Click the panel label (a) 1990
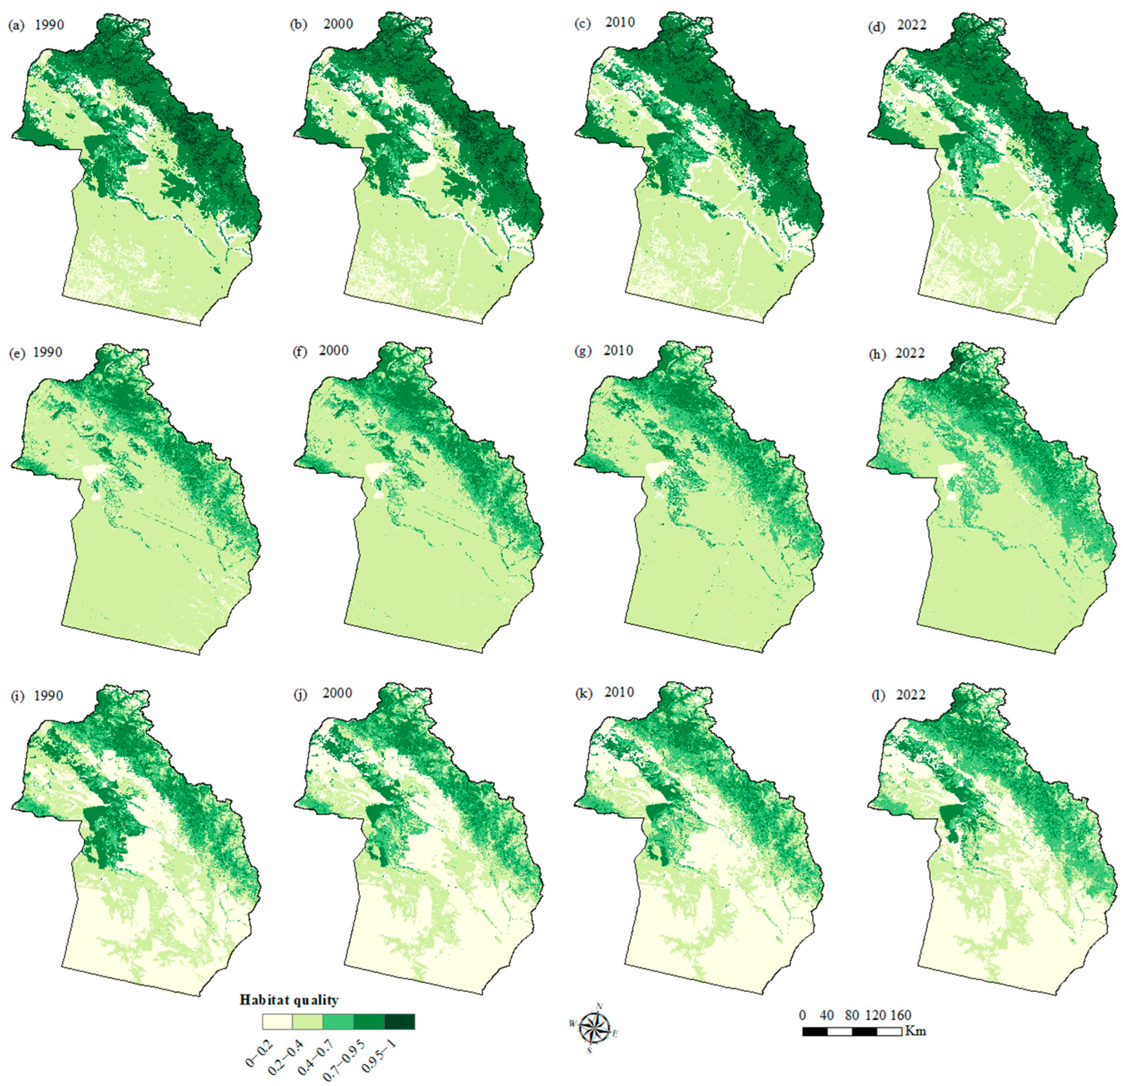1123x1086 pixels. tap(36, 25)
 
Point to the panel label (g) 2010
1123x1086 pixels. tap(604, 350)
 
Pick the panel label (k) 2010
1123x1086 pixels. tap(604, 693)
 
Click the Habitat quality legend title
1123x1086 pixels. tap(289, 1000)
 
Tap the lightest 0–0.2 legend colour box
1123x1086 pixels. tap(277, 1022)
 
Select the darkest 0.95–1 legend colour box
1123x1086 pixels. tap(400, 1022)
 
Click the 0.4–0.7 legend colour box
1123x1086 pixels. tap(338, 1022)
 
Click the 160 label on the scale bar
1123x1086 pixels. tap(901, 1016)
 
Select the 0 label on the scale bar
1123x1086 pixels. tap(802, 1016)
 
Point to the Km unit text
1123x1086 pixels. tap(916, 1032)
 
